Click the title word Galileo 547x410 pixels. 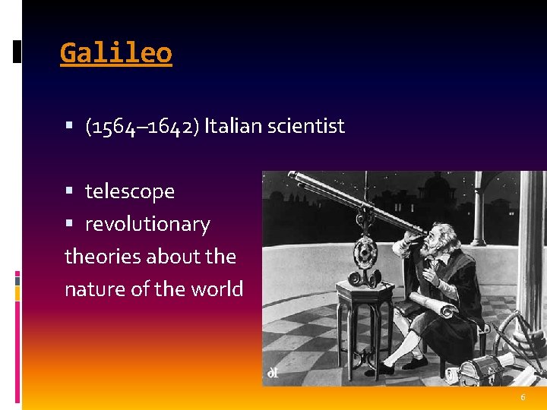(x=116, y=53)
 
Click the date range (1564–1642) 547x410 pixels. (x=143, y=126)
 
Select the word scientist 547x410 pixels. (x=306, y=126)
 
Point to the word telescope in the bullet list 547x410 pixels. (x=130, y=191)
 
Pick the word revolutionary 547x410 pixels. (x=147, y=224)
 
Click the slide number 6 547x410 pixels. (x=523, y=398)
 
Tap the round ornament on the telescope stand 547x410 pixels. (x=365, y=250)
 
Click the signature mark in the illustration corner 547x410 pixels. (x=271, y=373)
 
